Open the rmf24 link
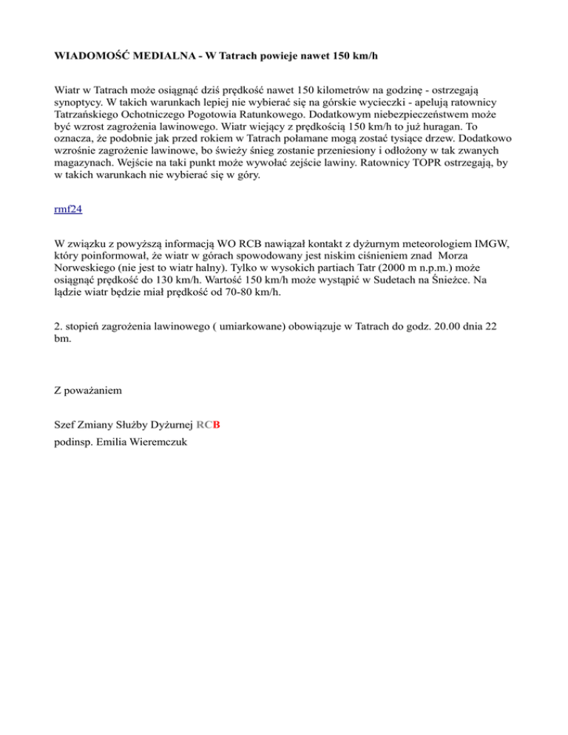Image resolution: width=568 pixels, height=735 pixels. coord(69,209)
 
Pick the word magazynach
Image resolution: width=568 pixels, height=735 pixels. coord(85,184)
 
